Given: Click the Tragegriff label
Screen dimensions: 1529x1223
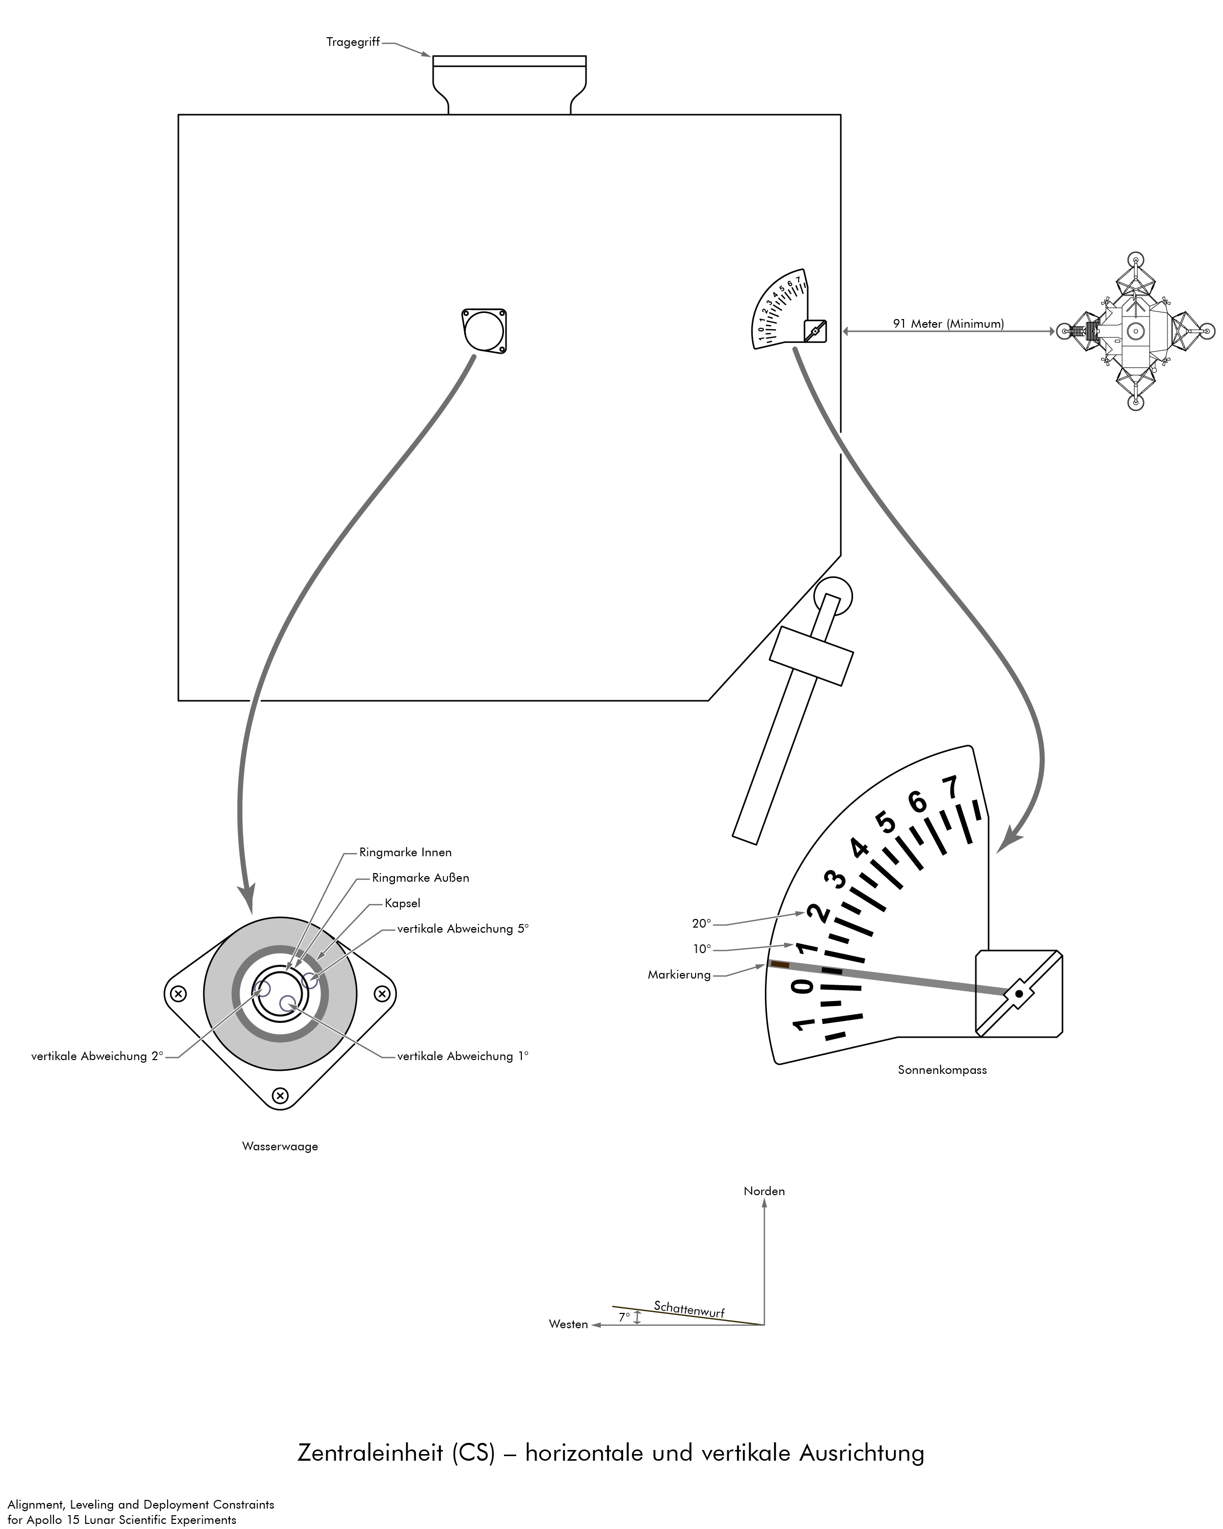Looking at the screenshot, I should (x=352, y=42).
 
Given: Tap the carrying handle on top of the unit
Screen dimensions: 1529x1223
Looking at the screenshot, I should (x=509, y=78).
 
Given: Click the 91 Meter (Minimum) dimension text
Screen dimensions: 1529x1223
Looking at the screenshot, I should (x=948, y=324).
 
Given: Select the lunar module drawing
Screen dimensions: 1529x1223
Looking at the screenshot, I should (x=1134, y=331).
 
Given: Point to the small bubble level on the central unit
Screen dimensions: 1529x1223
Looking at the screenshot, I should (x=484, y=330).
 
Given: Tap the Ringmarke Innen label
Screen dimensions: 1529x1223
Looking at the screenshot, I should (x=405, y=853).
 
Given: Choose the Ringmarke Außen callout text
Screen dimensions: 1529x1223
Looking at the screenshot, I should (x=420, y=878).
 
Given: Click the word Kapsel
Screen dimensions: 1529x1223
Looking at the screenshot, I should (x=402, y=904).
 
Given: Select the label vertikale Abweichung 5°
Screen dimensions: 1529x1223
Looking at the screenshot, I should (x=462, y=929).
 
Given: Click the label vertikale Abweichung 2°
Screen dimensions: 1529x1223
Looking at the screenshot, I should (x=97, y=1056).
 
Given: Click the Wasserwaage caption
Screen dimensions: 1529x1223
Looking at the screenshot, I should (x=280, y=1147).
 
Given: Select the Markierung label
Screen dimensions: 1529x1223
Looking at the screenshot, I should (x=678, y=975).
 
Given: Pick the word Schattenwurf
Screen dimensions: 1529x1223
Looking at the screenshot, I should (x=688, y=1309).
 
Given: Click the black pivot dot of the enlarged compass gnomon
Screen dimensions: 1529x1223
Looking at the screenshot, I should (x=1019, y=993).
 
